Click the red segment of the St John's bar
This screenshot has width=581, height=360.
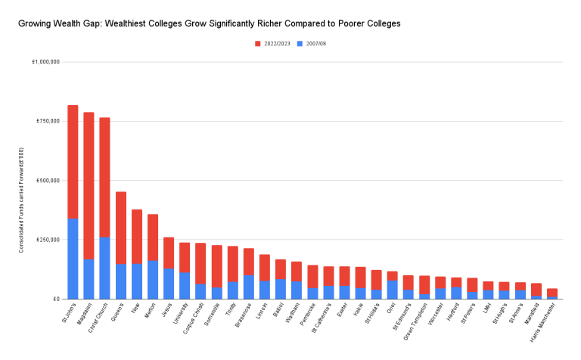pos(73,162)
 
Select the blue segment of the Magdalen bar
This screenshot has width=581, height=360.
pos(89,279)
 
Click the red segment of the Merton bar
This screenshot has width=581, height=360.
pos(153,237)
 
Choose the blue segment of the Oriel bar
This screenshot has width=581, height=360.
pos(392,290)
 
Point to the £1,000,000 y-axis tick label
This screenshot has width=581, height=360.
pos(45,62)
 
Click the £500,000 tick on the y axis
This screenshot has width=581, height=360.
pos(47,181)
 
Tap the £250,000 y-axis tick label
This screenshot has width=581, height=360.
pos(47,240)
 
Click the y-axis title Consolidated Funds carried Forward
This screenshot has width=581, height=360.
pos(22,200)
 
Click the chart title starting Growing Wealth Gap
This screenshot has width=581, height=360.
pos(209,23)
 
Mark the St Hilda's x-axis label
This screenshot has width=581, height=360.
pos(373,314)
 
